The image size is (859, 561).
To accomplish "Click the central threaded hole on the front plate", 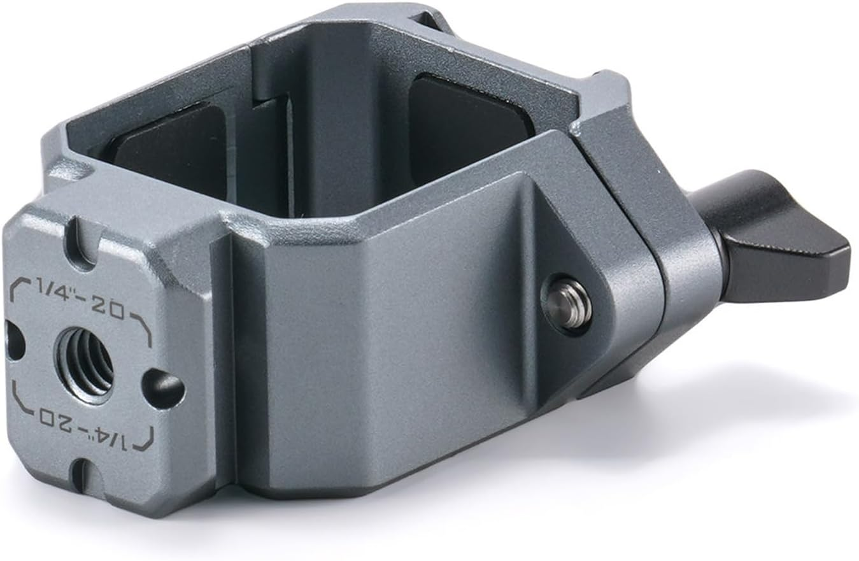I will tap(85, 365).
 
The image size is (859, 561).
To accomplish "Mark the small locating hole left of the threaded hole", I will tap(14, 339).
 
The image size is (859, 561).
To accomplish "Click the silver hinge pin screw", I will tap(566, 302).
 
